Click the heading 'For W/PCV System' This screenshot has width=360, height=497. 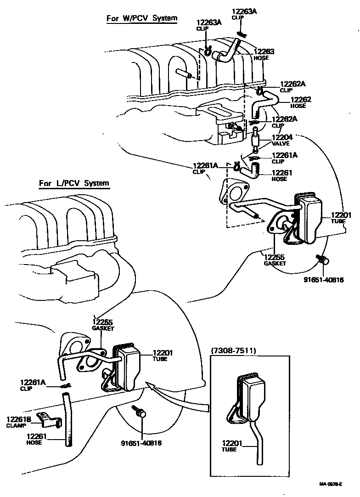tap(141, 18)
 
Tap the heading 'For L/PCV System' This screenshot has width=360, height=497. tap(74, 183)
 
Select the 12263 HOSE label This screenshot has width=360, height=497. tap(264, 55)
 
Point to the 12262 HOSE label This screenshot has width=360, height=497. tap(301, 102)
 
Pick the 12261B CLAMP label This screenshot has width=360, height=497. tap(18, 422)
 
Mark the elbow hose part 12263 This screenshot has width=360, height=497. tap(227, 52)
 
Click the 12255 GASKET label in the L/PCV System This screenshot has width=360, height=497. tap(103, 325)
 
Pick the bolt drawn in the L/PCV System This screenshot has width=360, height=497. tap(140, 412)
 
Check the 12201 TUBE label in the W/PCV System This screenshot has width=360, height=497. tap(338, 218)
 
